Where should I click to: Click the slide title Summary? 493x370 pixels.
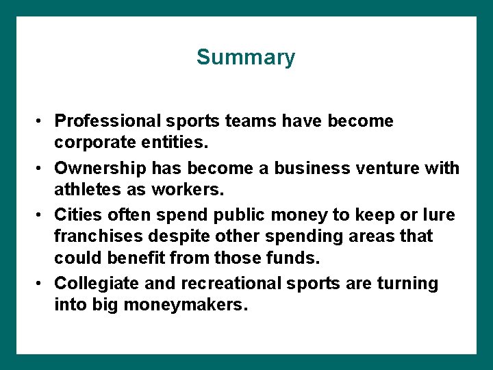[x=246, y=57]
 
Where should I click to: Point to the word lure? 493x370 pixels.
[x=440, y=214]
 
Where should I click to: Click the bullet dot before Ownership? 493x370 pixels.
[x=41, y=168]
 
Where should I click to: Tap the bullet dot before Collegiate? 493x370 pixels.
[x=41, y=283]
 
